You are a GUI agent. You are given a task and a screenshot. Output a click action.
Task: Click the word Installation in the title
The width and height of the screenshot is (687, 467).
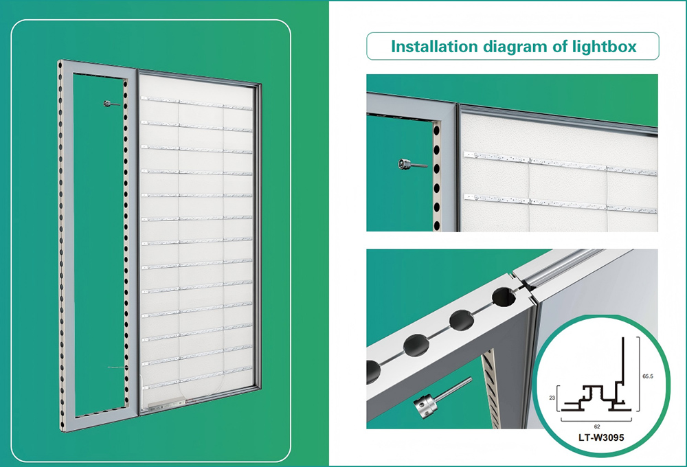tap(433, 46)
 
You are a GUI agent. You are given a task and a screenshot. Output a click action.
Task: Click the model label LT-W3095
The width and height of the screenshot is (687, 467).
tap(600, 437)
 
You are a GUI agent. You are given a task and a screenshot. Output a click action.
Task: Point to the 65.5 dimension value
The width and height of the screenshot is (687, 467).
tap(648, 376)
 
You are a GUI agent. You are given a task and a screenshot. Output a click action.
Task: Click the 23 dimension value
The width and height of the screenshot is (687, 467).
tap(552, 398)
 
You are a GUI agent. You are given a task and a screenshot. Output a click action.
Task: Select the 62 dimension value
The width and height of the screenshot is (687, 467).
tap(597, 426)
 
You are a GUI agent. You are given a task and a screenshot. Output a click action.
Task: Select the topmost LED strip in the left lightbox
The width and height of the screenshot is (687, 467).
tap(196, 103)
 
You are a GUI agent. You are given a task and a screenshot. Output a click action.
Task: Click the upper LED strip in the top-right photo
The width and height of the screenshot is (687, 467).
tap(561, 163)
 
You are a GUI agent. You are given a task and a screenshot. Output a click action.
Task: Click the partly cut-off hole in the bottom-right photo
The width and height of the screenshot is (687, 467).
tap(373, 372)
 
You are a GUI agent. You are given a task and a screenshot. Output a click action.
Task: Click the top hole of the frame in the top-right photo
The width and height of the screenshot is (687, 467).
tap(436, 130)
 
